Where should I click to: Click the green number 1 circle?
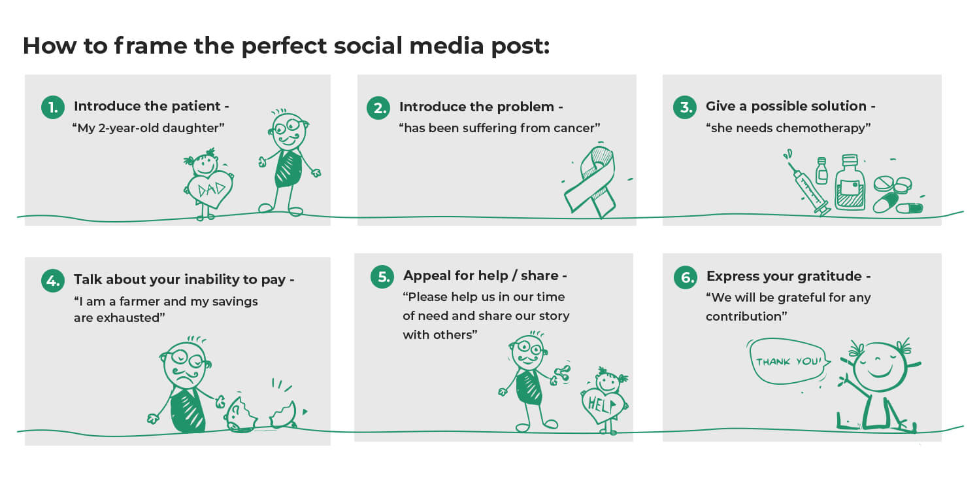[x=53, y=107]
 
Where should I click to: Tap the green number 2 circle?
[x=378, y=107]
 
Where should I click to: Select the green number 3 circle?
[x=685, y=107]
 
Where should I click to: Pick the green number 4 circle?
[x=53, y=280]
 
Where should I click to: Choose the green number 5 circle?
[x=382, y=277]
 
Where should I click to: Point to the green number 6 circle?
[x=686, y=277]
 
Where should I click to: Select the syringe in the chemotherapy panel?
[x=808, y=188]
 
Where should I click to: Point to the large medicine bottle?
[x=850, y=183]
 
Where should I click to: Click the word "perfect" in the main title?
[x=284, y=46]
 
